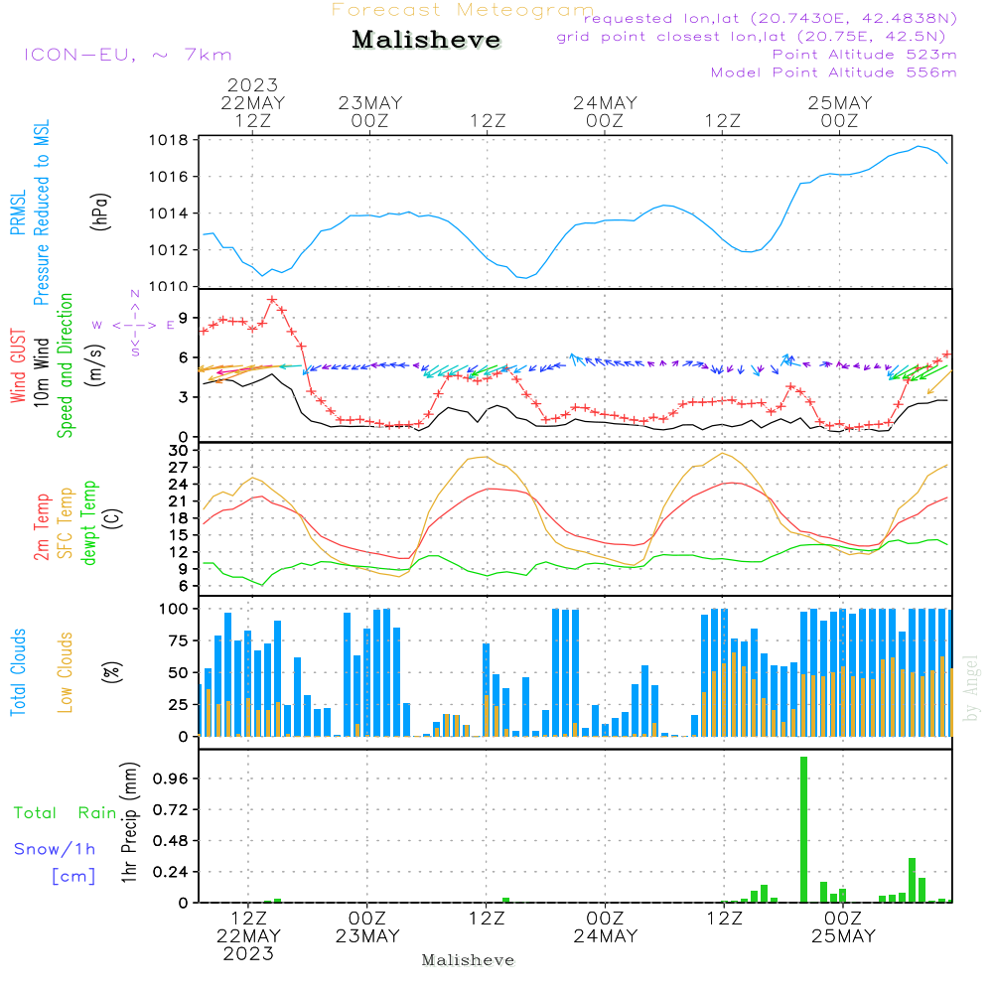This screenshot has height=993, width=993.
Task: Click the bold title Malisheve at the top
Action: [426, 40]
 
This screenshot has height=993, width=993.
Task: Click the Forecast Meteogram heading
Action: [463, 10]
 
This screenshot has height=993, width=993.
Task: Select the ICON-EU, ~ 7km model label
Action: [128, 55]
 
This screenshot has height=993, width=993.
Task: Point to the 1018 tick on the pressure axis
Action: [169, 140]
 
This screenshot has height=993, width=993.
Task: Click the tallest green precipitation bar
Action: [803, 829]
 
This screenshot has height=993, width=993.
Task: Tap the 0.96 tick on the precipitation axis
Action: [171, 779]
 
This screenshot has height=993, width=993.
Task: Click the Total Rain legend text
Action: [66, 812]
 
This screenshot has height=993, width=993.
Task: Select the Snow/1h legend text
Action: [55, 849]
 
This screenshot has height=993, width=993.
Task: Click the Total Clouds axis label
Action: [18, 672]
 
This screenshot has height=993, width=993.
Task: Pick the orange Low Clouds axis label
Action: [65, 672]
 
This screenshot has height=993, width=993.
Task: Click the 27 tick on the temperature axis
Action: [178, 468]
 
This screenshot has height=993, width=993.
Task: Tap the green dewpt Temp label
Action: [88, 522]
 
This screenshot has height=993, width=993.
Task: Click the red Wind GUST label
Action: [18, 365]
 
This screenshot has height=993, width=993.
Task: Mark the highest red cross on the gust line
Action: [272, 300]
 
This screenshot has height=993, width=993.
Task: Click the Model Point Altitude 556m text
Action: [833, 72]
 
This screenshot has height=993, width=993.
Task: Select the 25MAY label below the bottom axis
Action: [843, 936]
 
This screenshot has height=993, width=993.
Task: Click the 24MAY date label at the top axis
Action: [605, 103]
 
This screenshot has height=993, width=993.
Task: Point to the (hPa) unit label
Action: [100, 212]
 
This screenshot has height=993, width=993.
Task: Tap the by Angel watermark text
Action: [971, 688]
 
